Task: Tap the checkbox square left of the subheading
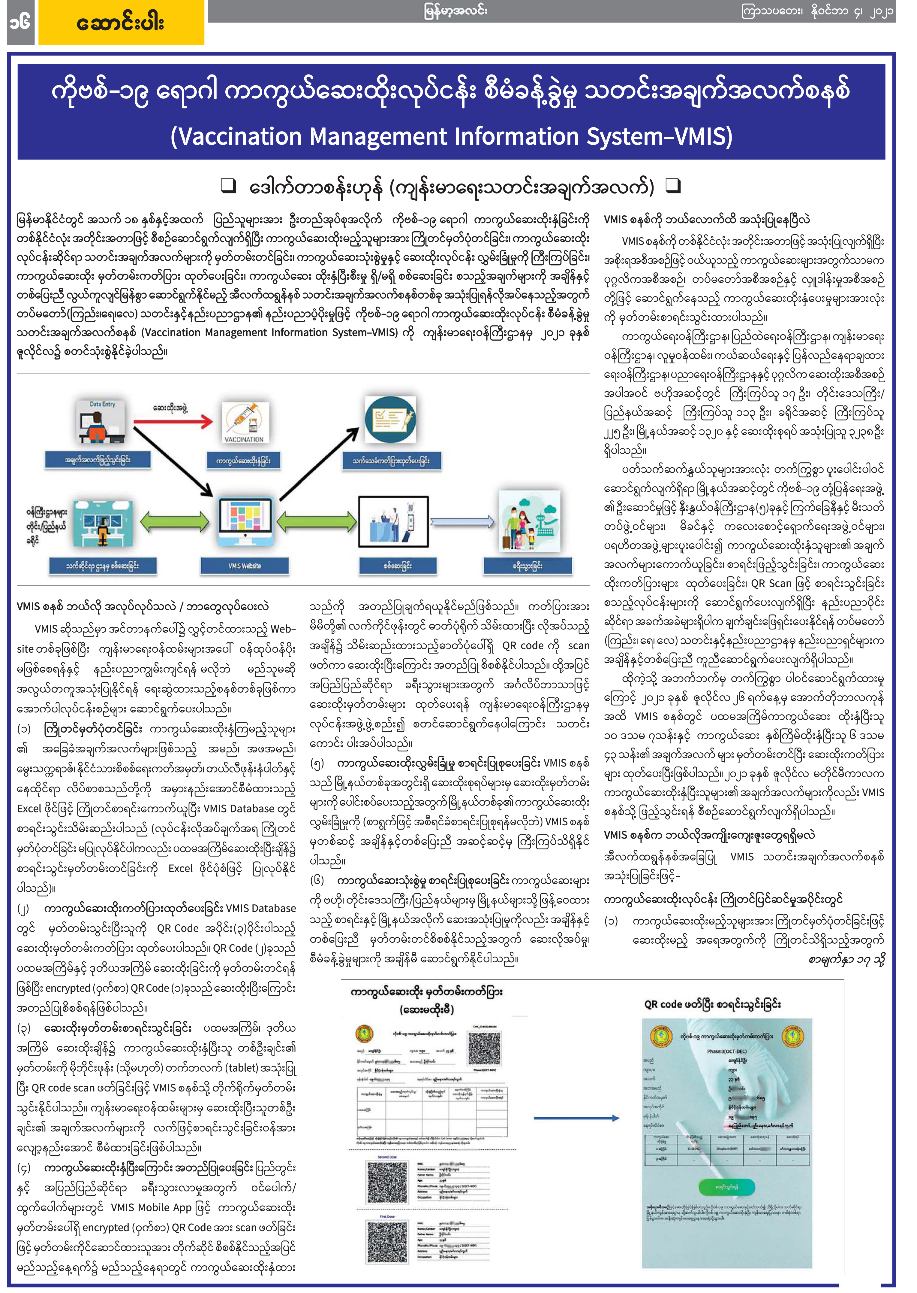tap(228, 186)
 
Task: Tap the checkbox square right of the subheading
tap(674, 186)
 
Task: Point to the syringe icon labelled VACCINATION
tap(245, 422)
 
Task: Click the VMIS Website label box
tap(245, 566)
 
